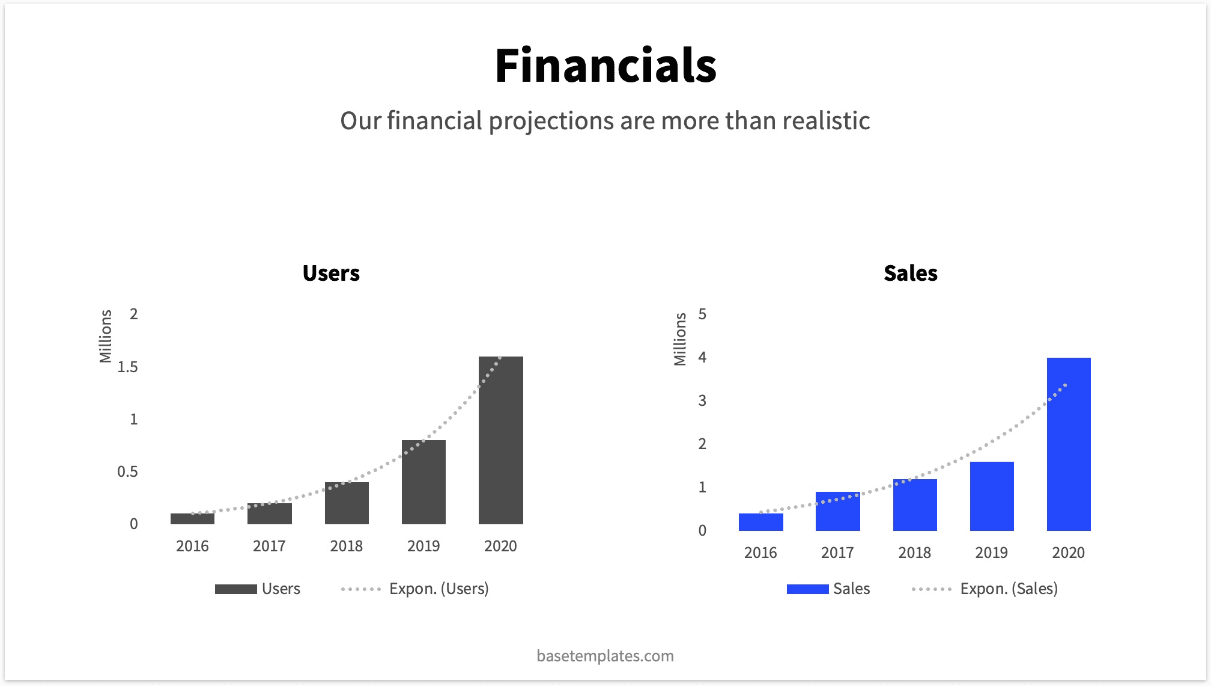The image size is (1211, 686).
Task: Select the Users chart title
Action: tap(331, 273)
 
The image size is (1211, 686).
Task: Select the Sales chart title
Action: tap(910, 273)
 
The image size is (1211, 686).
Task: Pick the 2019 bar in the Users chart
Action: tap(423, 482)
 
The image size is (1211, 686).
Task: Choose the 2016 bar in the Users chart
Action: tap(192, 518)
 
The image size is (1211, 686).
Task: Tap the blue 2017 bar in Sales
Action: tap(837, 511)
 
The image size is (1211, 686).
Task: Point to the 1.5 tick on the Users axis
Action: tap(127, 367)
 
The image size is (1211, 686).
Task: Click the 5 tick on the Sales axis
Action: tap(702, 314)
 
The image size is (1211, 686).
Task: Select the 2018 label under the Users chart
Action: tap(346, 546)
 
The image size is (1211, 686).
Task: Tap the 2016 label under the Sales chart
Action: tap(760, 553)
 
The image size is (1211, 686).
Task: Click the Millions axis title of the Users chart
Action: tap(106, 336)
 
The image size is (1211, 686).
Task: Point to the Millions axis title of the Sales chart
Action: tap(680, 339)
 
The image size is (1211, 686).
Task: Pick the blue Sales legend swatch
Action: tap(807, 589)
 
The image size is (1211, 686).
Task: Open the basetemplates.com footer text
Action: tap(605, 655)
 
